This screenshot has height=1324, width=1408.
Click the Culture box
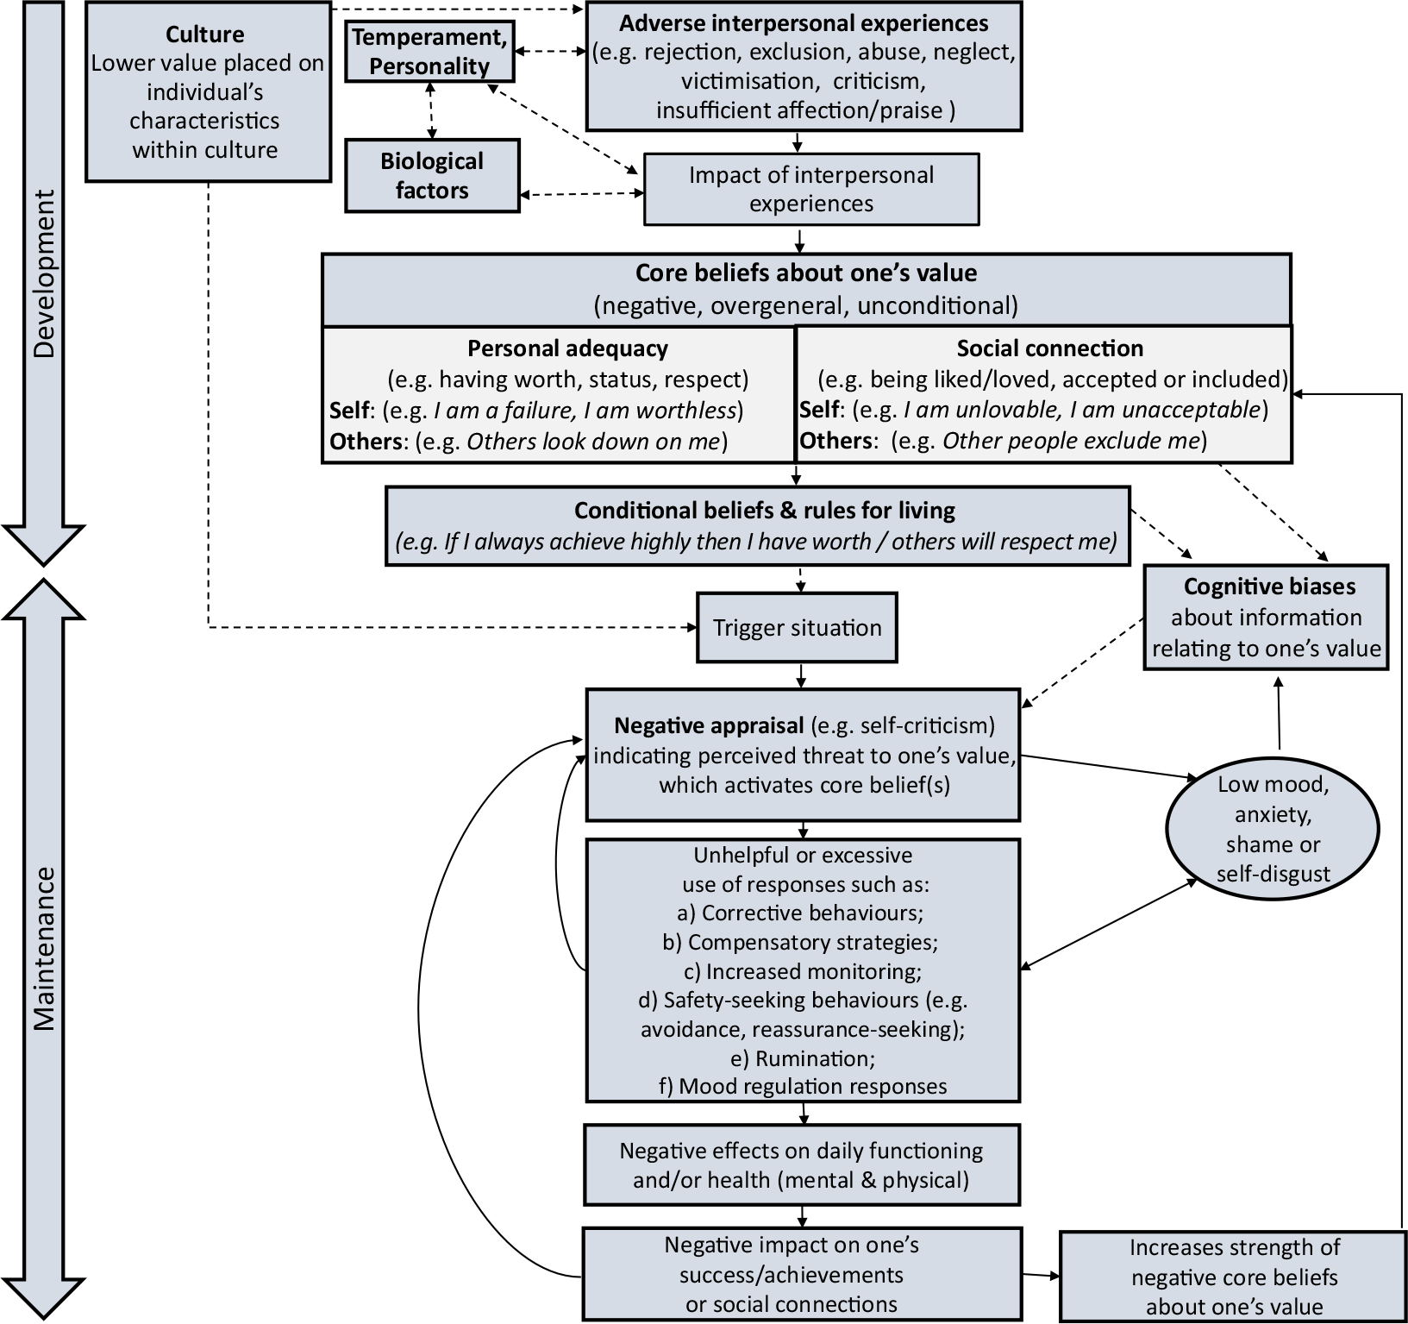(x=208, y=91)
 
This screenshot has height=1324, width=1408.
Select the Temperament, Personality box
(x=429, y=52)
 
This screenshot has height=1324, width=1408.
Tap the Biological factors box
(x=432, y=175)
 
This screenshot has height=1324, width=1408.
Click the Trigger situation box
(x=797, y=627)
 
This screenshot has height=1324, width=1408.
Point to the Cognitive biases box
(x=1267, y=617)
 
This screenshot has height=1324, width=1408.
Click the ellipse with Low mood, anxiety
(x=1272, y=829)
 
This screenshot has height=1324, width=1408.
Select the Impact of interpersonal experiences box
(x=811, y=189)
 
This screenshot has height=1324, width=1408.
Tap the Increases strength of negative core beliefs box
(x=1234, y=1277)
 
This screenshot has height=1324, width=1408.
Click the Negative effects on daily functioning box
(x=802, y=1164)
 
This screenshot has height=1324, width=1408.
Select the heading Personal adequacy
(x=567, y=348)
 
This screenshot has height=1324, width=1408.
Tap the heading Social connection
(x=1050, y=348)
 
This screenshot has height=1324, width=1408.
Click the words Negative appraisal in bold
(x=709, y=725)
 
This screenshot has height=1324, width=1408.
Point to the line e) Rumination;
(x=803, y=1057)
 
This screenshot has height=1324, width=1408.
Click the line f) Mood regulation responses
(x=803, y=1086)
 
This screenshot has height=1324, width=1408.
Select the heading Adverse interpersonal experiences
(x=804, y=23)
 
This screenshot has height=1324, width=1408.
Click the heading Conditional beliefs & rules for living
(x=765, y=511)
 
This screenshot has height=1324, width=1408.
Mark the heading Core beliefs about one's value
(x=806, y=273)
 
